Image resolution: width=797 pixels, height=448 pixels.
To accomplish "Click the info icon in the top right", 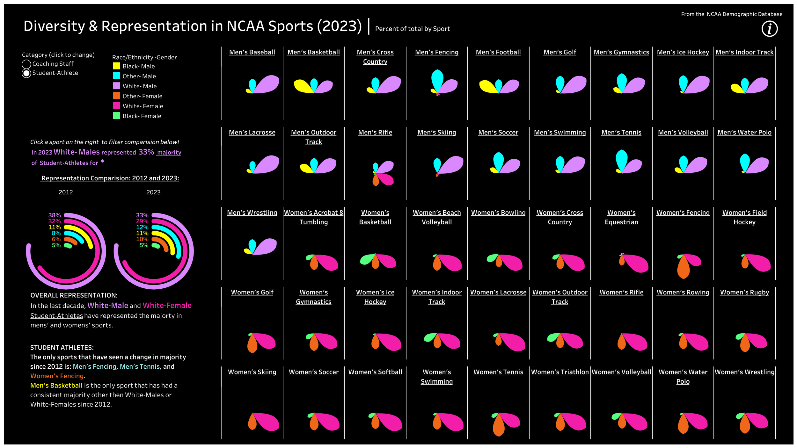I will pyautogui.click(x=769, y=29).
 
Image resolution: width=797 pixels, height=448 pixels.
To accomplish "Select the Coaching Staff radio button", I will pyautogui.click(x=26, y=64).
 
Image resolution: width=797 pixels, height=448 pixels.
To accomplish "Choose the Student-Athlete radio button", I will pyautogui.click(x=26, y=73).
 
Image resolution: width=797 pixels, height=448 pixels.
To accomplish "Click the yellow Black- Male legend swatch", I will pyautogui.click(x=117, y=66).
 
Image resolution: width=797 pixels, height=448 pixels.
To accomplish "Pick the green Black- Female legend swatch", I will pyautogui.click(x=117, y=116).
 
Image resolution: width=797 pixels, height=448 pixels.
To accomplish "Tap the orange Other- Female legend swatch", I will pyautogui.click(x=117, y=96).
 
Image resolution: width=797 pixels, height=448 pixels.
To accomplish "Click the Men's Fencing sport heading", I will pyautogui.click(x=436, y=52).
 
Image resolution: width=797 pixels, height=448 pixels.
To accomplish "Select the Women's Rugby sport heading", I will pyautogui.click(x=744, y=292).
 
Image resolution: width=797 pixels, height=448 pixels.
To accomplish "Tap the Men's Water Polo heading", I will pyautogui.click(x=744, y=132).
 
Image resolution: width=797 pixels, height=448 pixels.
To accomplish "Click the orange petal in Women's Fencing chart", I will pyautogui.click(x=683, y=268).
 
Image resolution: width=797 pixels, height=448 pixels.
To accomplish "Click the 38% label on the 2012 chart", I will pyautogui.click(x=55, y=215).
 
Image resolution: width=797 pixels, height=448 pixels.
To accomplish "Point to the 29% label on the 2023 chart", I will pyautogui.click(x=142, y=221).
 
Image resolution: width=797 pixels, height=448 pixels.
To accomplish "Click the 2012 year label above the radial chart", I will pyautogui.click(x=66, y=192).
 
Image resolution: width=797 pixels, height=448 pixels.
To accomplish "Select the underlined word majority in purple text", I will pyautogui.click(x=169, y=153).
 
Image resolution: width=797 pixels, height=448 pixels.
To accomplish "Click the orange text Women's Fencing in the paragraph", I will pyautogui.click(x=57, y=376).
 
